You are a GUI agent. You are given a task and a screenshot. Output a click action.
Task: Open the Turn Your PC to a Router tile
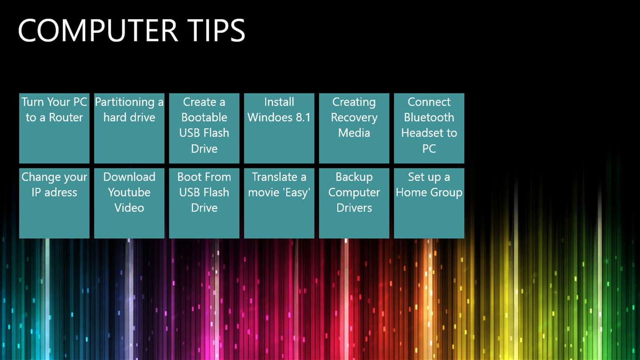tap(54, 128)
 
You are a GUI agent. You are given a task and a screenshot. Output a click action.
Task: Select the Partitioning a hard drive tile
tap(129, 128)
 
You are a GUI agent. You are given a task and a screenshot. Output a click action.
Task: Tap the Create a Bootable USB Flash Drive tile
tap(204, 128)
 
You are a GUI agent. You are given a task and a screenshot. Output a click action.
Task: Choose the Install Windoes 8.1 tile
tap(279, 128)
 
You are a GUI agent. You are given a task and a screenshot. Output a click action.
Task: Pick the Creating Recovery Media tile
tap(354, 128)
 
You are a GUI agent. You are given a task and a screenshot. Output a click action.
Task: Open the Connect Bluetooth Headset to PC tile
tap(429, 128)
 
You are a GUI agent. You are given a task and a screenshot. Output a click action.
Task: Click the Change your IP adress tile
tap(54, 203)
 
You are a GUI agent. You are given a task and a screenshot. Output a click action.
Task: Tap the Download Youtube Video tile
tap(129, 203)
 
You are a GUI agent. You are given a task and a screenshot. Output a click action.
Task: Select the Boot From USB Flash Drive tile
tap(204, 203)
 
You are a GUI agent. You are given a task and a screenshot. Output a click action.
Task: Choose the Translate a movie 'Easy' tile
tap(279, 203)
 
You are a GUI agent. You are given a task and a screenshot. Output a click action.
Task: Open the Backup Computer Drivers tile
tap(354, 203)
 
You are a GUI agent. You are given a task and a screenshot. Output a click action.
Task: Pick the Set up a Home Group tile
tap(429, 203)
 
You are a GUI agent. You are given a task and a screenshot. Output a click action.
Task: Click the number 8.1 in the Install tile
tap(303, 117)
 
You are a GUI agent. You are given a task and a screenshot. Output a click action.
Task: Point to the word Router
tap(66, 117)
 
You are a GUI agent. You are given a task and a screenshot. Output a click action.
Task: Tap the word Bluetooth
tap(429, 117)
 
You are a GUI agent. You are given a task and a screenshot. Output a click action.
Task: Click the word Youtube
tap(129, 192)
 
